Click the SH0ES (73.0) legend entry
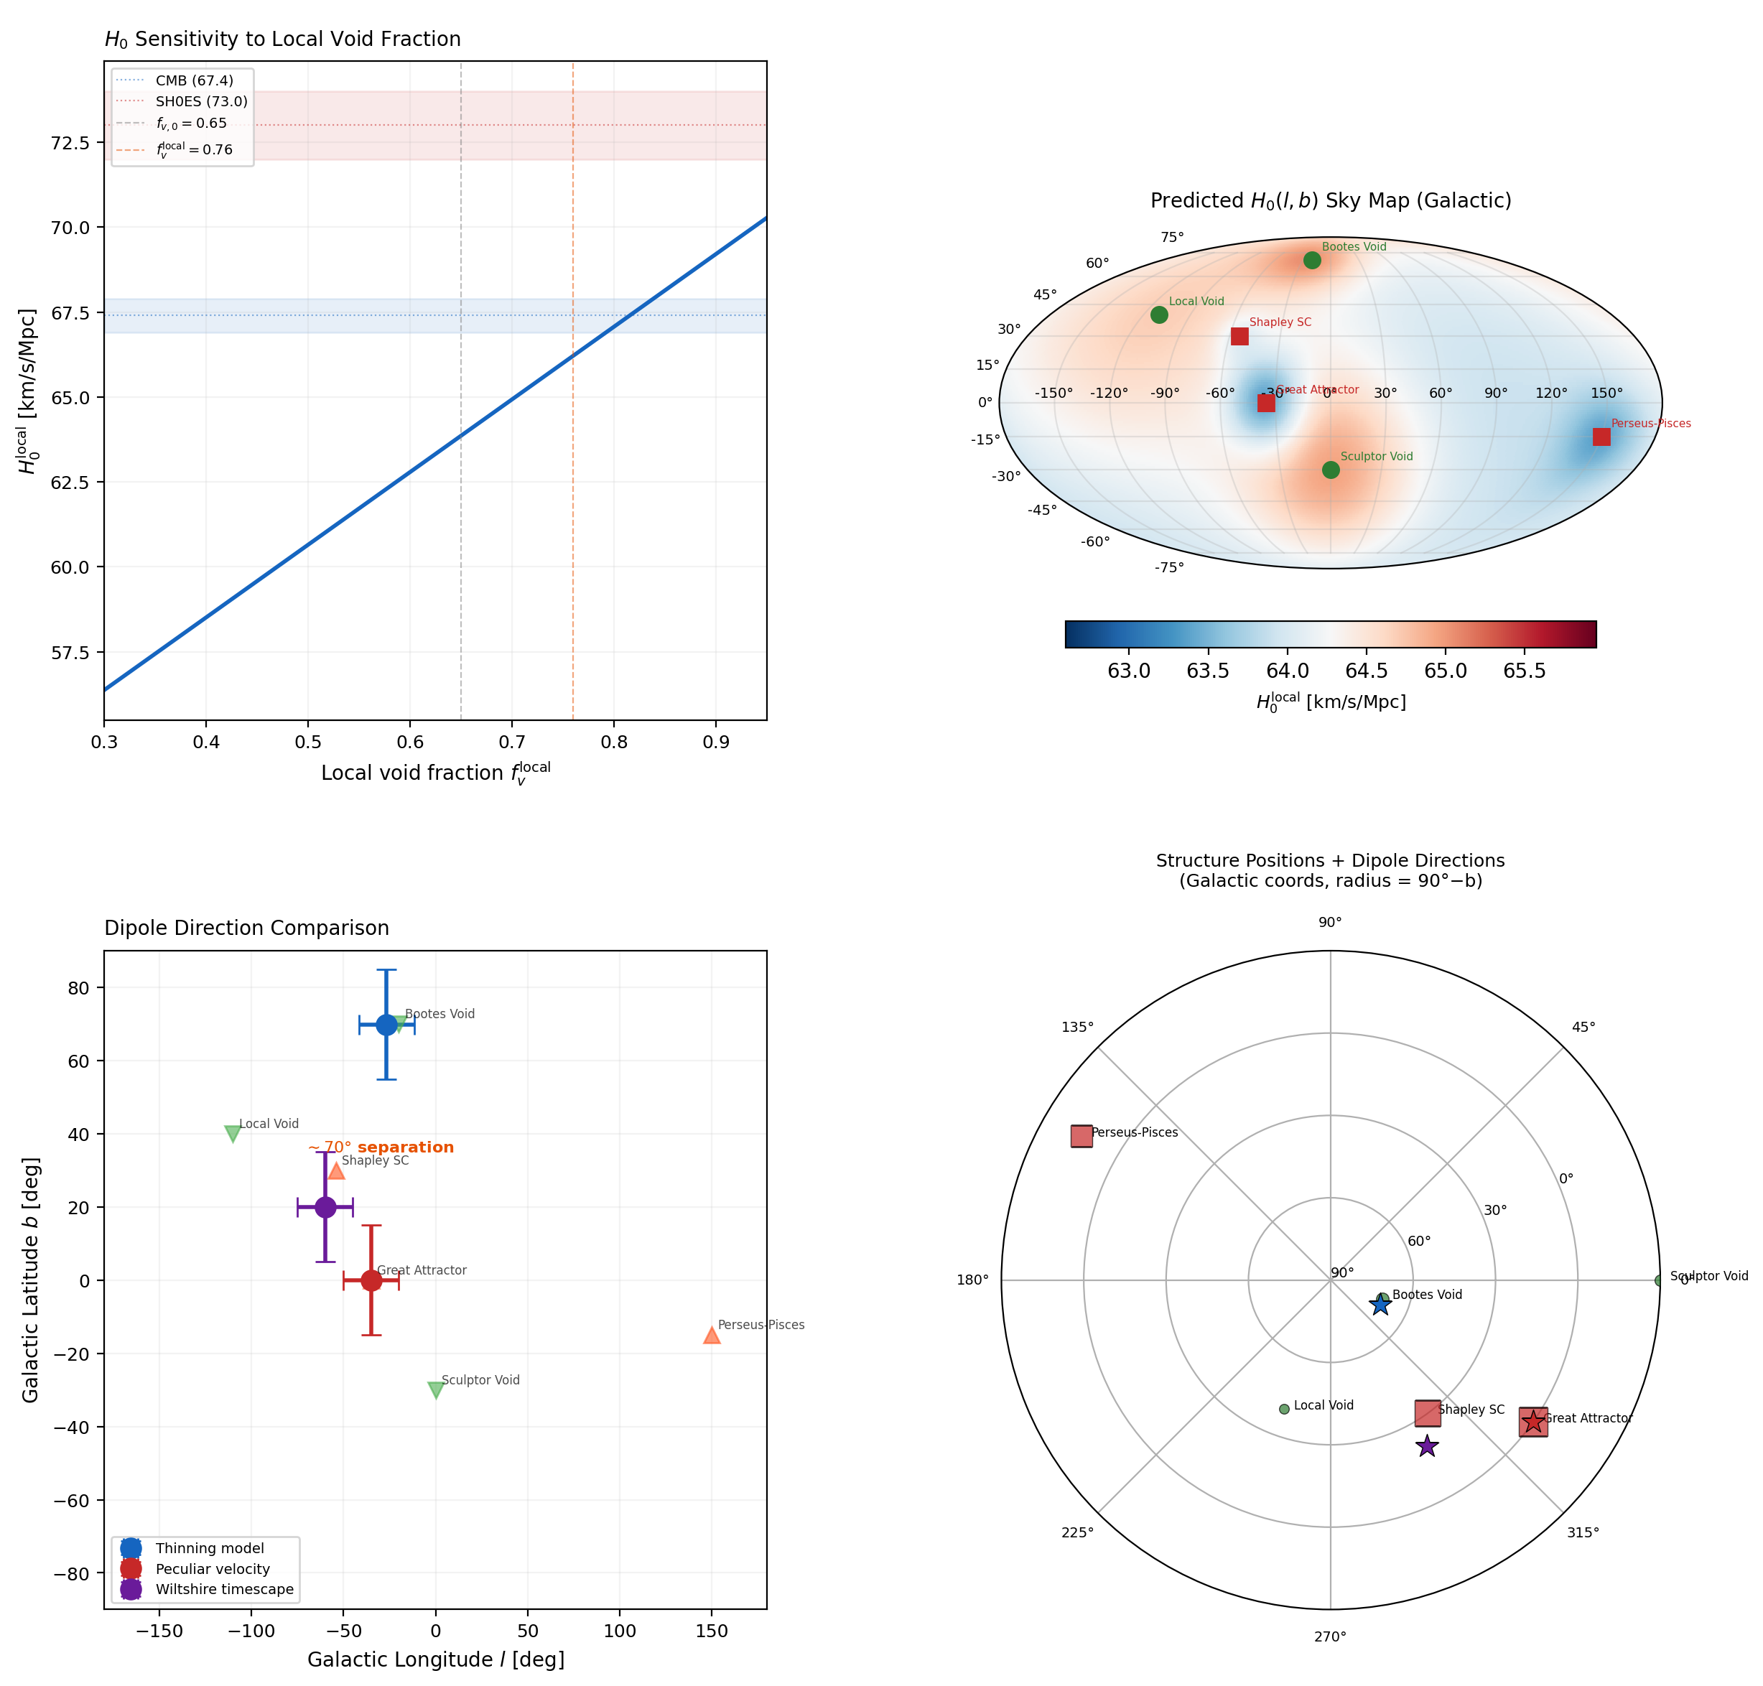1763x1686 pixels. click(x=200, y=101)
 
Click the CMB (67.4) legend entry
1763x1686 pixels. click(x=194, y=80)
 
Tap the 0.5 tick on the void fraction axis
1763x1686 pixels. click(x=307, y=742)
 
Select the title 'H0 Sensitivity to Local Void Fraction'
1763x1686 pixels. click(x=282, y=39)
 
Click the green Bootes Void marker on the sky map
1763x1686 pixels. click(x=1311, y=261)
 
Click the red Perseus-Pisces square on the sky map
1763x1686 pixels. click(x=1601, y=437)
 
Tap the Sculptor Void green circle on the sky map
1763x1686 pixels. click(x=1330, y=470)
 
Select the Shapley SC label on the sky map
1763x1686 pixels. click(x=1280, y=322)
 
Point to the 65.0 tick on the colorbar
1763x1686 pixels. click(x=1445, y=671)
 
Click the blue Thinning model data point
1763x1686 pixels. click(x=386, y=1025)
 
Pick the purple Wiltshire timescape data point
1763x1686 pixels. click(x=325, y=1207)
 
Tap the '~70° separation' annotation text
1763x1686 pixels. click(x=381, y=1147)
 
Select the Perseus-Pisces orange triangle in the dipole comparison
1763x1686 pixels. click(x=711, y=1336)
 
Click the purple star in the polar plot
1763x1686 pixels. click(x=1426, y=1446)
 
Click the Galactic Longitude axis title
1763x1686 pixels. click(x=436, y=1659)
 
